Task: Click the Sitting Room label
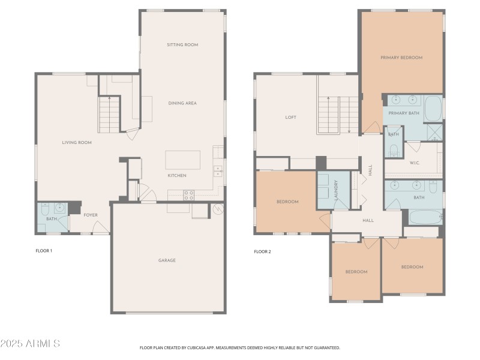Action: coord(182,45)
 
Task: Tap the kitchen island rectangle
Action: coord(183,160)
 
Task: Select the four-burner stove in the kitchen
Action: coord(188,194)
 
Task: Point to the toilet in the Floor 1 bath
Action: coord(46,210)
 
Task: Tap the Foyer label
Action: coord(90,215)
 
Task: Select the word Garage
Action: coord(167,260)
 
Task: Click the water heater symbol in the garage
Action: coord(218,209)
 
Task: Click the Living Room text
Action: coord(77,142)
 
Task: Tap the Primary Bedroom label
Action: coord(401,58)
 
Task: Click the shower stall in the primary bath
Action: coord(434,131)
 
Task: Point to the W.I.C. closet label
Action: coord(415,162)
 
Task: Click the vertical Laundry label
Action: coord(337,190)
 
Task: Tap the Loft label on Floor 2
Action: coord(290,118)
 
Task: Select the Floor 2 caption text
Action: coord(262,251)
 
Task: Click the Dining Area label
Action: coord(182,103)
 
